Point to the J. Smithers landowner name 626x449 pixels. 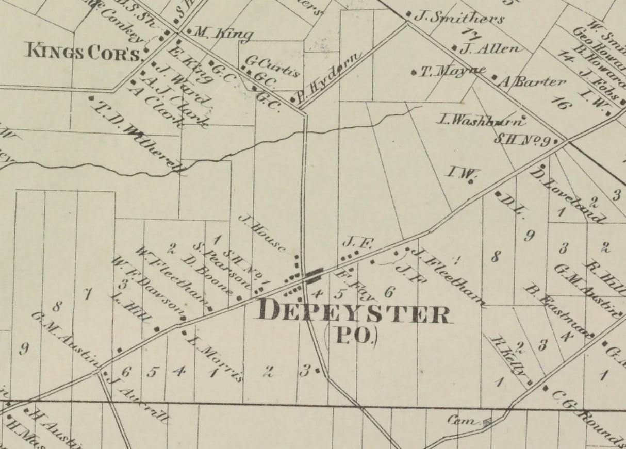[459, 18]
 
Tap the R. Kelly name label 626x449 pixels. [511, 358]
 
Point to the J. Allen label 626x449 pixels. [489, 49]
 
